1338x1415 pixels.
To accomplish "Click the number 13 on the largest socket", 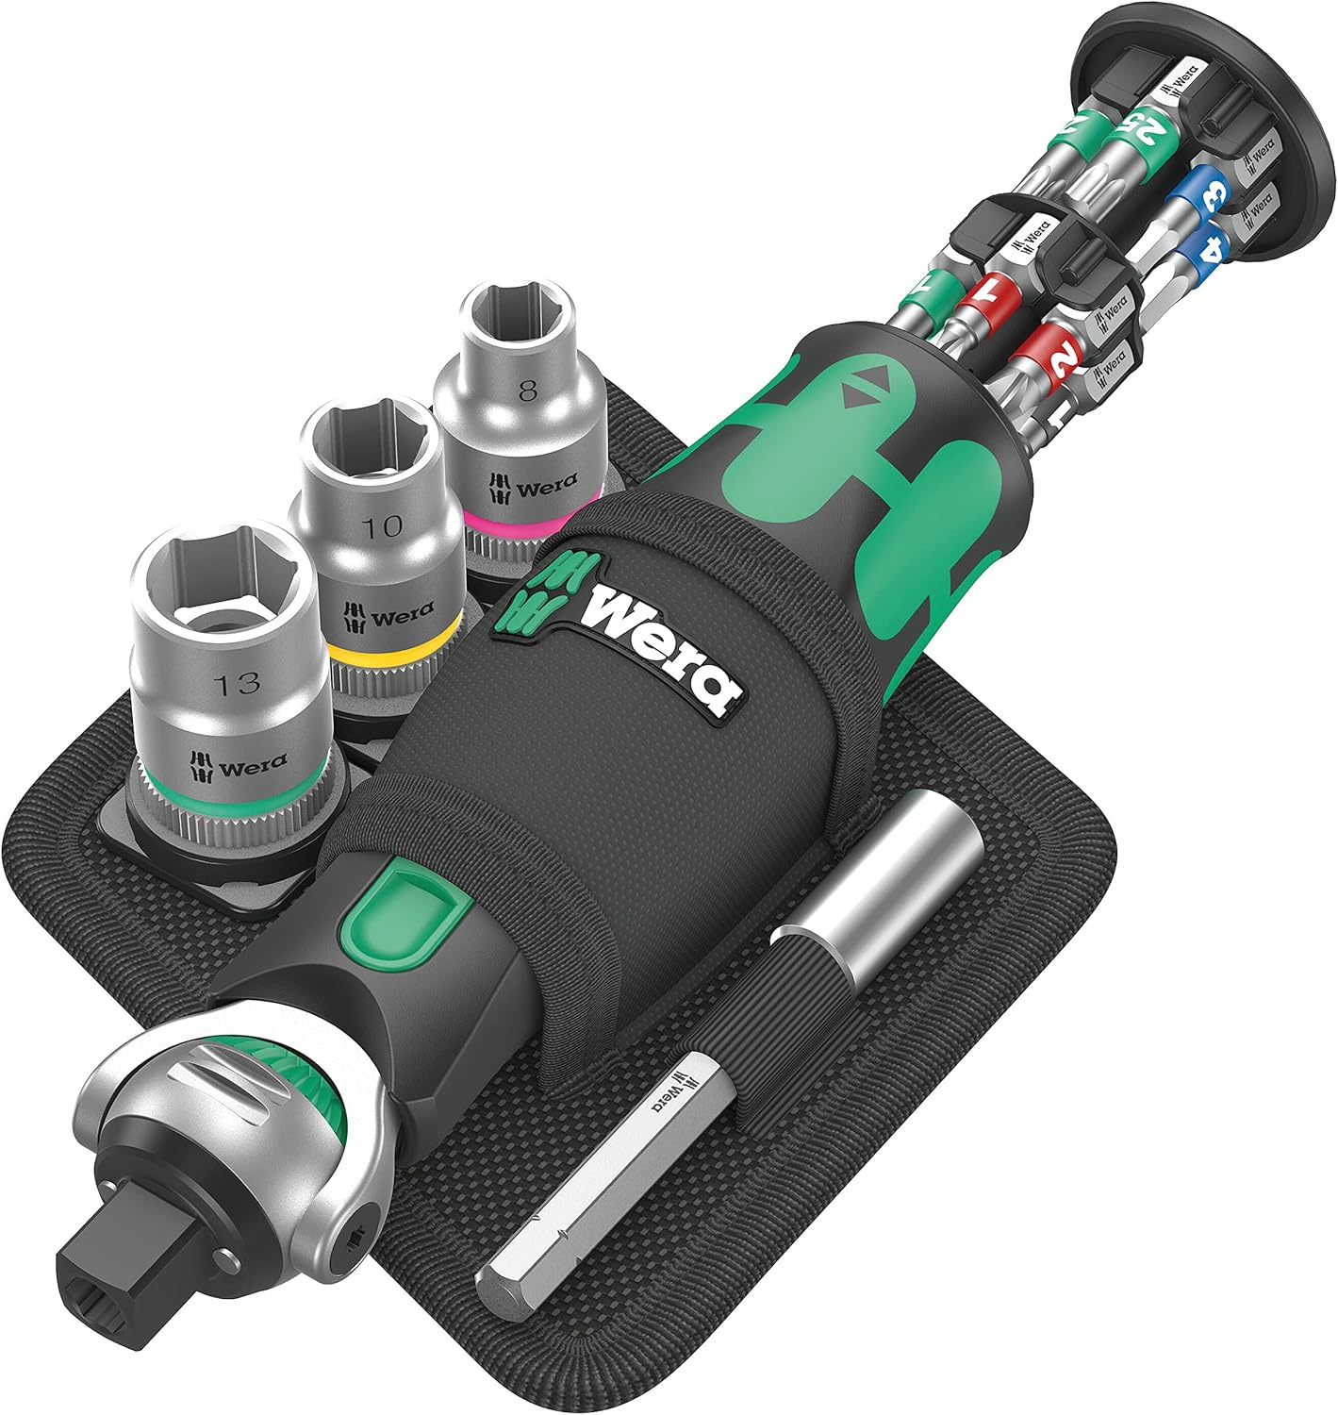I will [237, 682].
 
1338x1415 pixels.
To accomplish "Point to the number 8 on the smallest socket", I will [527, 391].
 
